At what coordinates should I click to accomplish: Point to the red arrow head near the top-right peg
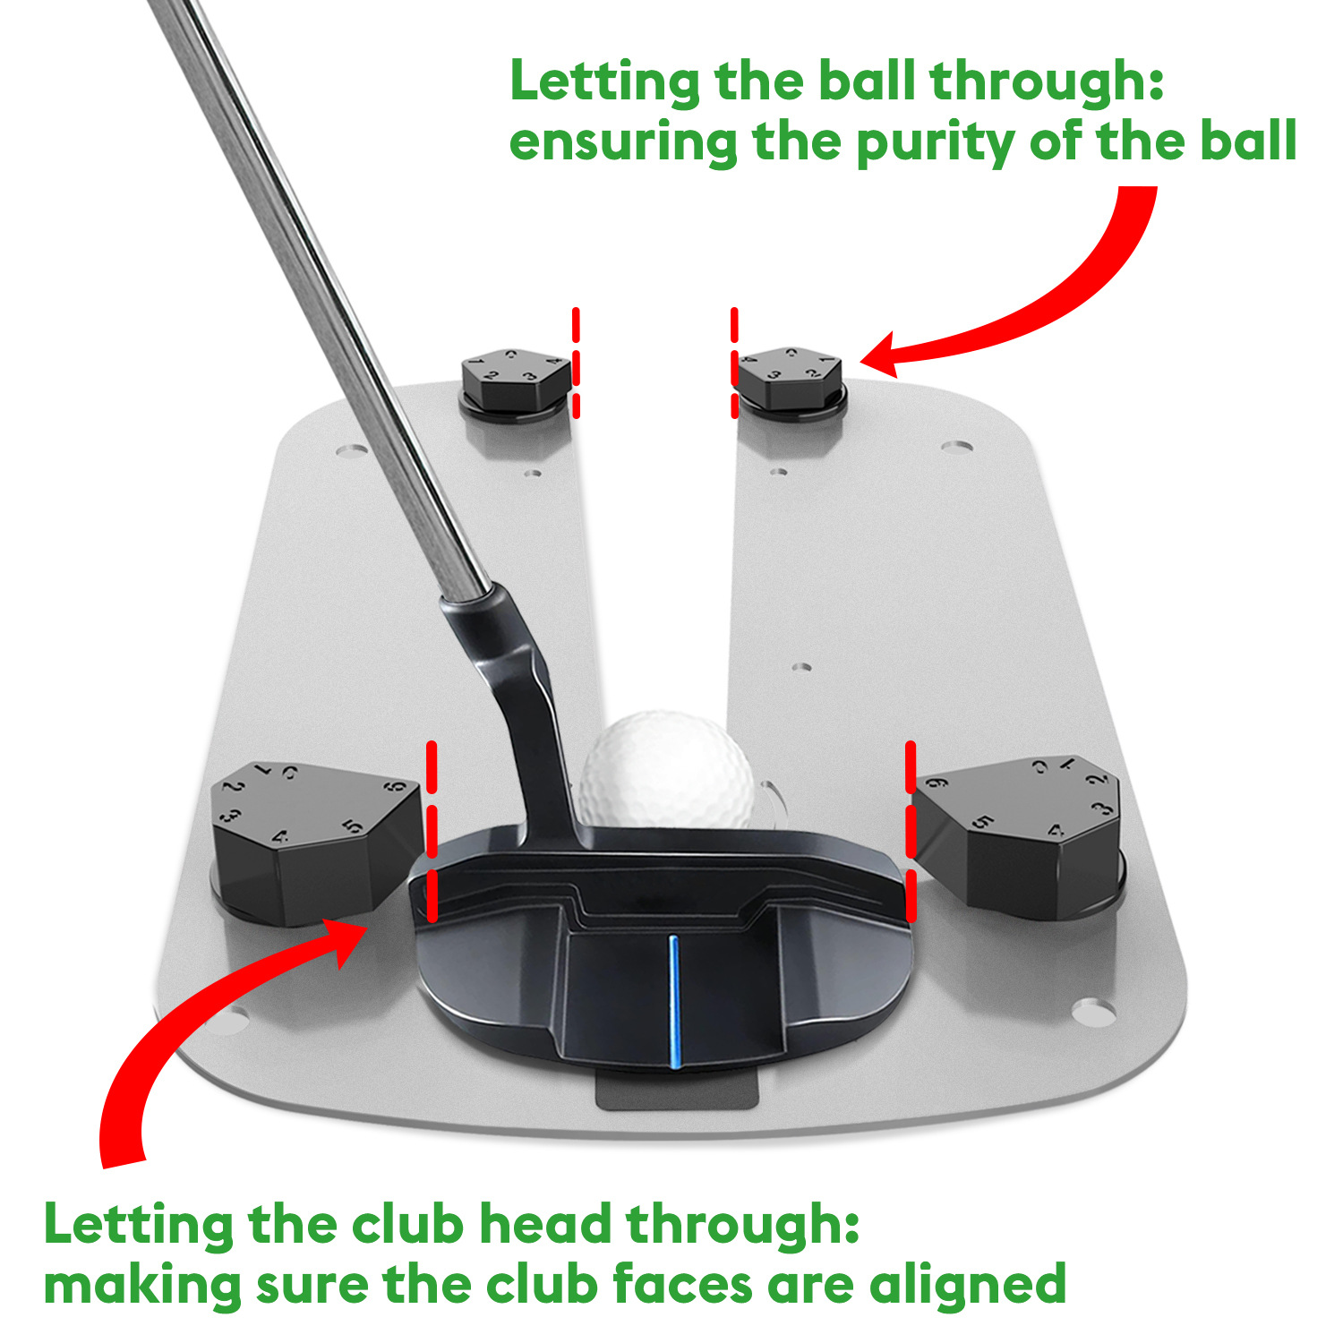point(881,355)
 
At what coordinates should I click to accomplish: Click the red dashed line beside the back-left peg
point(576,363)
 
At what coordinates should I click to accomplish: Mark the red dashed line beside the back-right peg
point(735,363)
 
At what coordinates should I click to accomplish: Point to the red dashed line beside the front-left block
point(432,832)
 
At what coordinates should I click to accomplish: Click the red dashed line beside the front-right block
point(911,832)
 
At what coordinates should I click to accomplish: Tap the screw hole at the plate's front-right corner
point(1093,1012)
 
